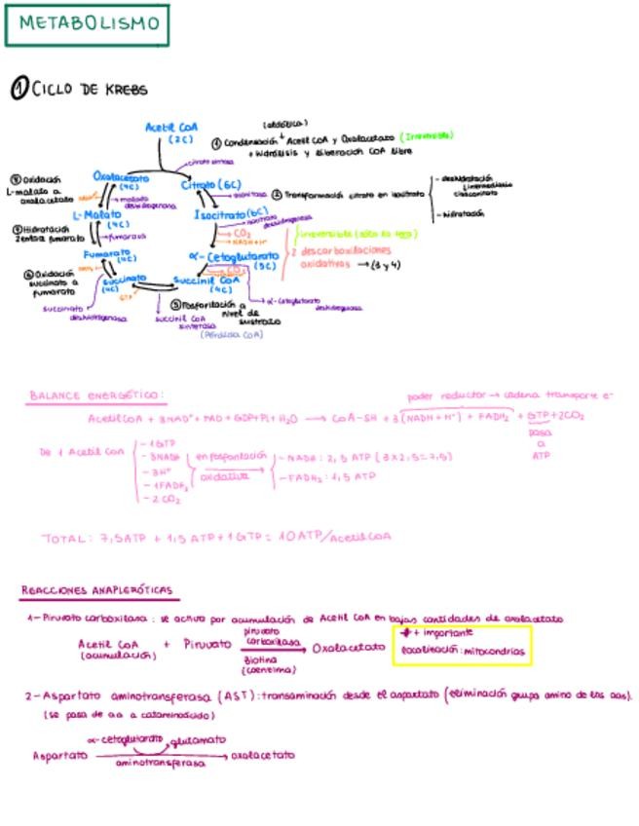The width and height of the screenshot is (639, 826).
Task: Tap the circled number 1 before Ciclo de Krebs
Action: coord(19,90)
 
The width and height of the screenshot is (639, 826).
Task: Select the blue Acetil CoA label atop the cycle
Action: coord(171,128)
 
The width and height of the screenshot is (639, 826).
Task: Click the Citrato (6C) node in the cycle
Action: coord(210,184)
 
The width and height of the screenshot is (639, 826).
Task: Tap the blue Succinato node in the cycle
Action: coord(117,280)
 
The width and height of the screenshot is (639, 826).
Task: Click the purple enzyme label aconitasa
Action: coord(250,193)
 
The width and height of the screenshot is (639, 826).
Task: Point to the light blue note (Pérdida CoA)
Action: coord(231,334)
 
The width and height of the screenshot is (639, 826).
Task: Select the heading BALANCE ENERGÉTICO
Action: coord(96,396)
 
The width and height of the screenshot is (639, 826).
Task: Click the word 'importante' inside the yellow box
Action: coord(442,632)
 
